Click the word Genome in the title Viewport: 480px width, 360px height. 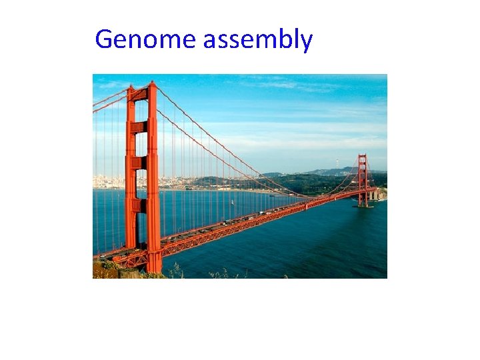pyautogui.click(x=146, y=39)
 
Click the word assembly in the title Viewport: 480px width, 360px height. pyautogui.click(x=257, y=41)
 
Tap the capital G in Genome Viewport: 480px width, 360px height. pyautogui.click(x=105, y=39)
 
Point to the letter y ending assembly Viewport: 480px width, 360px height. pyautogui.click(x=305, y=43)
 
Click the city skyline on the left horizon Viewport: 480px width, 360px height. pyautogui.click(x=110, y=181)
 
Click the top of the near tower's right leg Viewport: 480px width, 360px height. pyautogui.click(x=153, y=85)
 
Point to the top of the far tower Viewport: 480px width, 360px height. pyautogui.click(x=362, y=156)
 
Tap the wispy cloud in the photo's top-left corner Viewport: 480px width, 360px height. pyautogui.click(x=110, y=85)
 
